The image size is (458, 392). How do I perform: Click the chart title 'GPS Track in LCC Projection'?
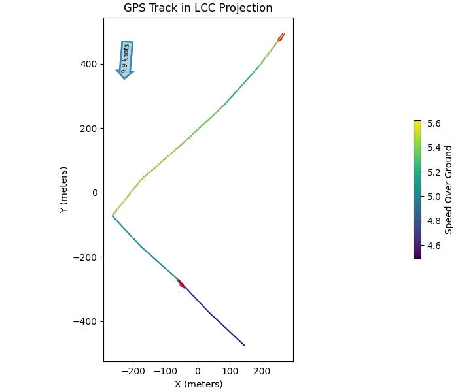tap(198, 8)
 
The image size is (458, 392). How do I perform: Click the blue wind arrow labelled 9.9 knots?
tap(126, 59)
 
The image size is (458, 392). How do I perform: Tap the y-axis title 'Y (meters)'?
tap(63, 189)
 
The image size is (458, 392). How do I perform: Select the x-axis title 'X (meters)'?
tap(198, 384)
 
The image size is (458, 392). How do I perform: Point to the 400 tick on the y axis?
tap(89, 64)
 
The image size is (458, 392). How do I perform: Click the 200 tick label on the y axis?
tap(89, 129)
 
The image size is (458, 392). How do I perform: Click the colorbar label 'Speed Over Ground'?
tap(449, 189)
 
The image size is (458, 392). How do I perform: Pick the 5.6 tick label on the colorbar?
tap(434, 123)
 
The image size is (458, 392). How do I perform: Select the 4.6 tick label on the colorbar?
tap(434, 246)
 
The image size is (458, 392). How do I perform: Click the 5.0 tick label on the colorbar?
tap(434, 197)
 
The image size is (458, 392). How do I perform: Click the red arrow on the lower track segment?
tap(181, 284)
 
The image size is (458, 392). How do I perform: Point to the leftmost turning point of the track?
tap(113, 216)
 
